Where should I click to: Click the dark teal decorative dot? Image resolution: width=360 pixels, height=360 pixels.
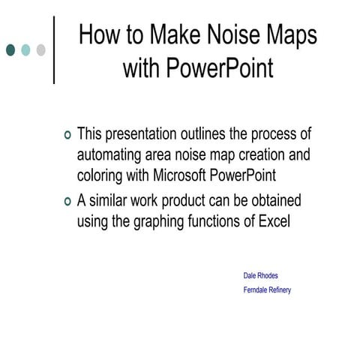[x=10, y=50]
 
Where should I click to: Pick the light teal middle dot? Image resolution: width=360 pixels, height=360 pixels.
[x=25, y=50]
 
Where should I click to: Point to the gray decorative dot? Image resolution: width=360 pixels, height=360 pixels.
[x=40, y=50]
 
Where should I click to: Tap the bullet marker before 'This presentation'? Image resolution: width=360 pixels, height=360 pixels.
[x=68, y=136]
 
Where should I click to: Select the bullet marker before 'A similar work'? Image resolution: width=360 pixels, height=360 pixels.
[x=68, y=202]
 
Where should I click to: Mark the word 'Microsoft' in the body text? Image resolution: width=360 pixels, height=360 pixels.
[x=195, y=175]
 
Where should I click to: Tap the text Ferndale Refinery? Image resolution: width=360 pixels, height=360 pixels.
[x=267, y=290]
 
